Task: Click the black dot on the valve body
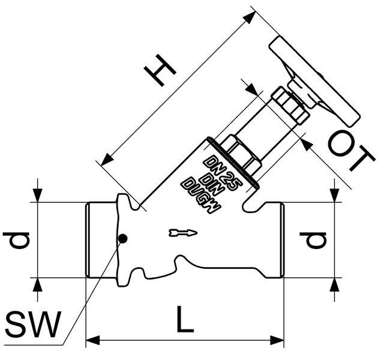[122, 239]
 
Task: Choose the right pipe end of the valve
[273, 240]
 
